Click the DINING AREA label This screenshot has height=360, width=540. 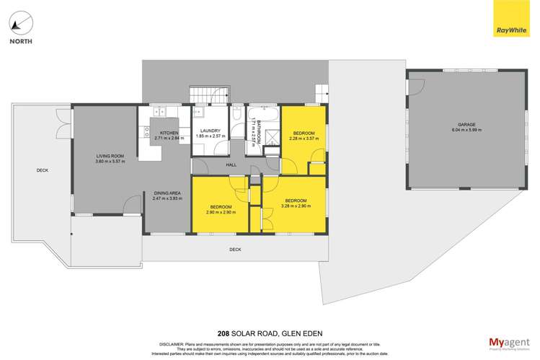(x=167, y=193)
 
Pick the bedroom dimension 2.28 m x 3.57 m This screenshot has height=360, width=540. (x=304, y=139)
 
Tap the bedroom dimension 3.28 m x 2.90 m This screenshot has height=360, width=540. (x=296, y=206)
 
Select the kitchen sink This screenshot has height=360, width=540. (x=158, y=112)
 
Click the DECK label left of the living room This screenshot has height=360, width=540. (x=42, y=170)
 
